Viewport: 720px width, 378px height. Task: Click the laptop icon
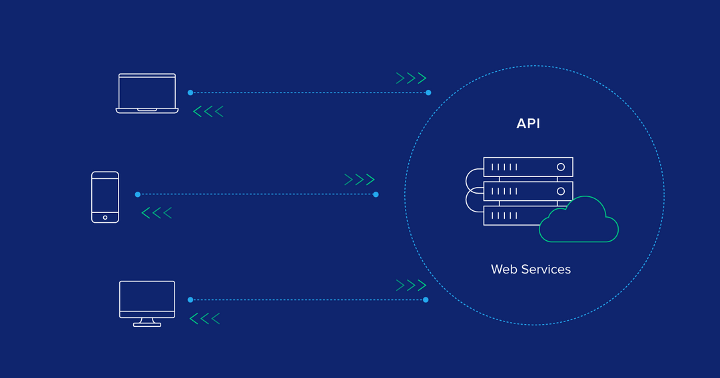[147, 93]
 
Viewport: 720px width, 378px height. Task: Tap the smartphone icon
[105, 197]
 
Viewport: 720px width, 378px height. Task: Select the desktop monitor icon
[147, 300]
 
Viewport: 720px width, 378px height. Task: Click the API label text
[528, 124]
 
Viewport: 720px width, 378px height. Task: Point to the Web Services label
[531, 270]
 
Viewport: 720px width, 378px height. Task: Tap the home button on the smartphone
[105, 217]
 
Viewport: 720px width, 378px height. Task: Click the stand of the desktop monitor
[147, 322]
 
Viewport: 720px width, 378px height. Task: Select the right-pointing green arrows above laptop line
[411, 79]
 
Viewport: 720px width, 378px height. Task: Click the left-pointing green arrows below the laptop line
[208, 111]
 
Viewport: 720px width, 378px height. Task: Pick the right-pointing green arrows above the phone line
[360, 180]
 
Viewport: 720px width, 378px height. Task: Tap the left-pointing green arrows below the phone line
[157, 213]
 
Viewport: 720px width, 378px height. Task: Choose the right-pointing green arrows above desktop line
[411, 285]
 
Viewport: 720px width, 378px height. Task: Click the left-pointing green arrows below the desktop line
[204, 319]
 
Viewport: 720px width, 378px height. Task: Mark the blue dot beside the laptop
[190, 93]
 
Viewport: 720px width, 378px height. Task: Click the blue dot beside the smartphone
[138, 194]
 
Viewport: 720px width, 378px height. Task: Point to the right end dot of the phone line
[376, 194]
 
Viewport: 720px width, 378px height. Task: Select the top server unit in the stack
[528, 167]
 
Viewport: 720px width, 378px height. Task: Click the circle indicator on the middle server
[561, 191]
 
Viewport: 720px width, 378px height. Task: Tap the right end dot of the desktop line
[426, 299]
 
